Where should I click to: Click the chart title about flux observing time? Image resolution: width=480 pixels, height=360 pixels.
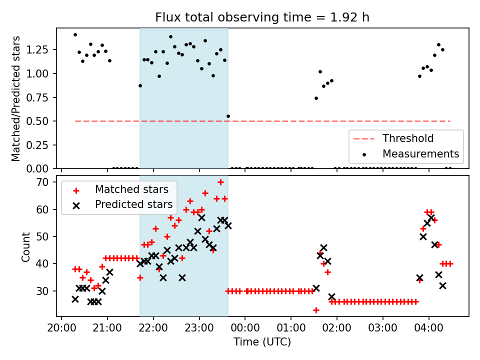tap(262, 17)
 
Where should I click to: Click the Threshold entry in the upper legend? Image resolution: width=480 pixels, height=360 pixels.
tap(408, 138)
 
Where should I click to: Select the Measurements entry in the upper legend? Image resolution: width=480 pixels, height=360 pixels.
tap(420, 153)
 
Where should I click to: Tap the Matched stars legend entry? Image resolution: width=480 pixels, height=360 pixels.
tap(131, 189)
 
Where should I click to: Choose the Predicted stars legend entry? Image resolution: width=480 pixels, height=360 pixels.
tap(133, 204)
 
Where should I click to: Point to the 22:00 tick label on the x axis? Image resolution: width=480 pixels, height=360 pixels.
tap(153, 328)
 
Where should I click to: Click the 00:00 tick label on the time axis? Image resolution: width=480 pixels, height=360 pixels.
tap(245, 328)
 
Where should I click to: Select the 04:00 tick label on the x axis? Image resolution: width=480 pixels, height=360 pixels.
tap(429, 328)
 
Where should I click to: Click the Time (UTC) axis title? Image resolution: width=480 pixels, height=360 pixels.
tap(262, 342)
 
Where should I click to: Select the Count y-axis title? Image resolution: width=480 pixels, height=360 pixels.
tap(25, 246)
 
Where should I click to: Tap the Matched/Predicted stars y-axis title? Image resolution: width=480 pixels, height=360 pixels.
tap(16, 98)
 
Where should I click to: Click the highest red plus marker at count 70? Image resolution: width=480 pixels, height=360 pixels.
tap(220, 182)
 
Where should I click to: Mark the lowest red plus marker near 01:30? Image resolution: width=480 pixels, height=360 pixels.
tap(316, 310)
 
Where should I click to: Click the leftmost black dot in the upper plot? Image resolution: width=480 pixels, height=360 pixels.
tap(75, 34)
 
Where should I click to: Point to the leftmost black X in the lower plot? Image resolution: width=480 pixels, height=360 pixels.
tap(75, 299)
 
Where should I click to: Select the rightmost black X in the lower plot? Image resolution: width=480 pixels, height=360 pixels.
tap(442, 285)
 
